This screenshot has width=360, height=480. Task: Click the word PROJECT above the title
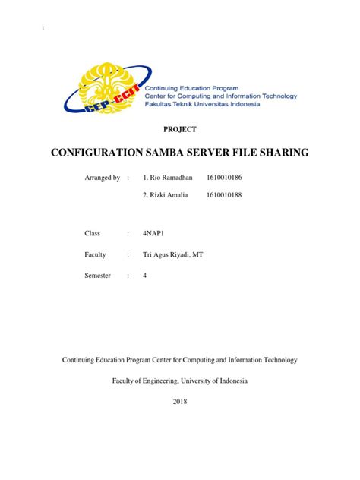[179, 130]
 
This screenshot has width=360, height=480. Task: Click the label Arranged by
[102, 178]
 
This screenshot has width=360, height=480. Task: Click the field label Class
[93, 234]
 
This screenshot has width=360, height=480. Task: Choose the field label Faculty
[95, 255]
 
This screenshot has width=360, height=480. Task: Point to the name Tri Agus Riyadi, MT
[167, 255]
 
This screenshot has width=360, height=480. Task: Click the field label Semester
[97, 276]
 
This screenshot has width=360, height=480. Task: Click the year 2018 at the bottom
[179, 400]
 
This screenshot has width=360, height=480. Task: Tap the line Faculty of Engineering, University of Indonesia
[179, 380]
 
